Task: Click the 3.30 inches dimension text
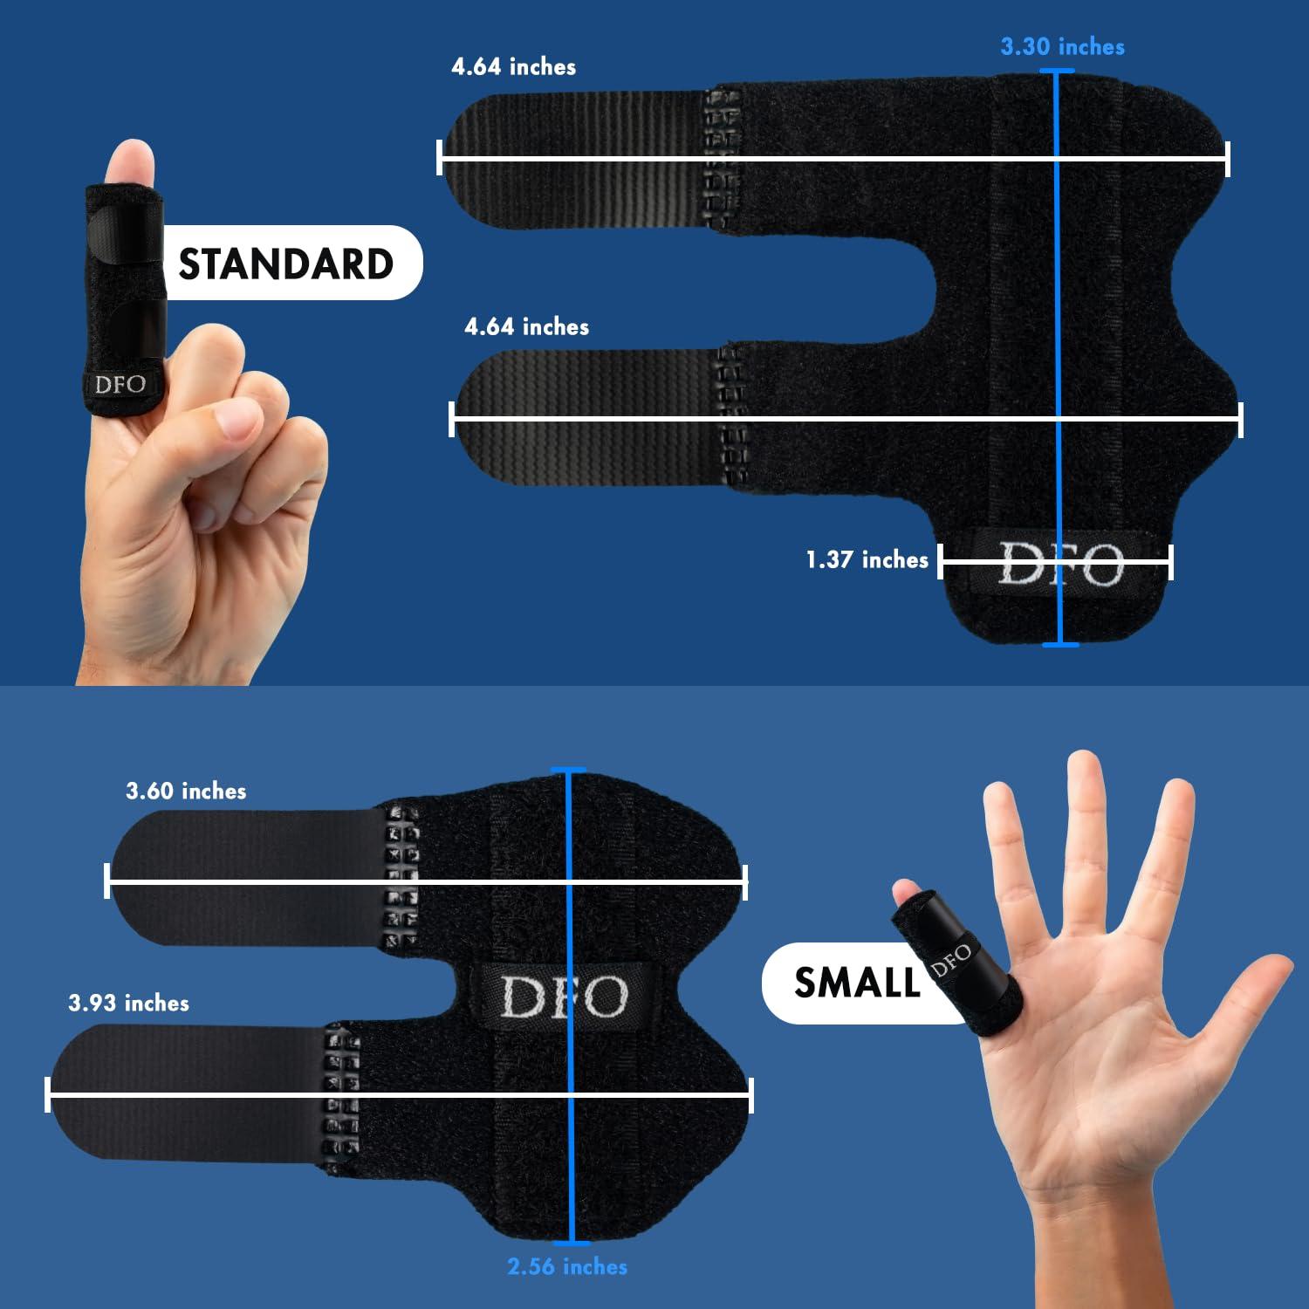tap(1062, 46)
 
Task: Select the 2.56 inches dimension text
tap(567, 1266)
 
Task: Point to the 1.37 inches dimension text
tap(867, 559)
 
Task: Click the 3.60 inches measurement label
tap(186, 791)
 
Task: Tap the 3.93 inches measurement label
tap(128, 1003)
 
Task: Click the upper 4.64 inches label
tap(513, 66)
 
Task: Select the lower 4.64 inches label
tap(526, 326)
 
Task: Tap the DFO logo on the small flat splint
tap(564, 995)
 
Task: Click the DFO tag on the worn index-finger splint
tap(120, 384)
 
